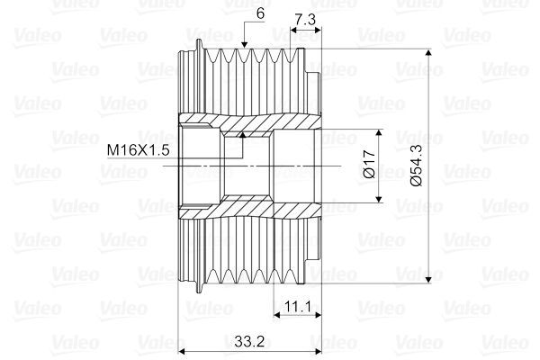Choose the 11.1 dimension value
tap(297, 308)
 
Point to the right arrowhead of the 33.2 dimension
tap(317, 351)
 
